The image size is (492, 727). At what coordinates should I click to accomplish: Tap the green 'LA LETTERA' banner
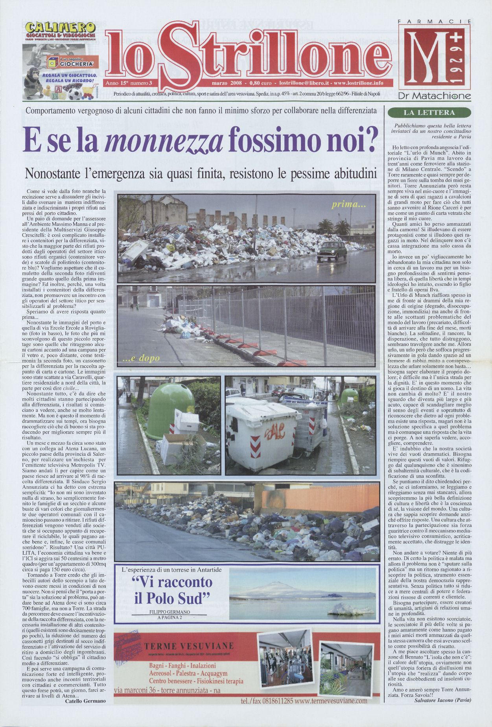[429, 113]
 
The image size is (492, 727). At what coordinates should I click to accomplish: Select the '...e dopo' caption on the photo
[144, 358]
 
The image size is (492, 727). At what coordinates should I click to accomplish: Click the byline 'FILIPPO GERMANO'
[170, 612]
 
